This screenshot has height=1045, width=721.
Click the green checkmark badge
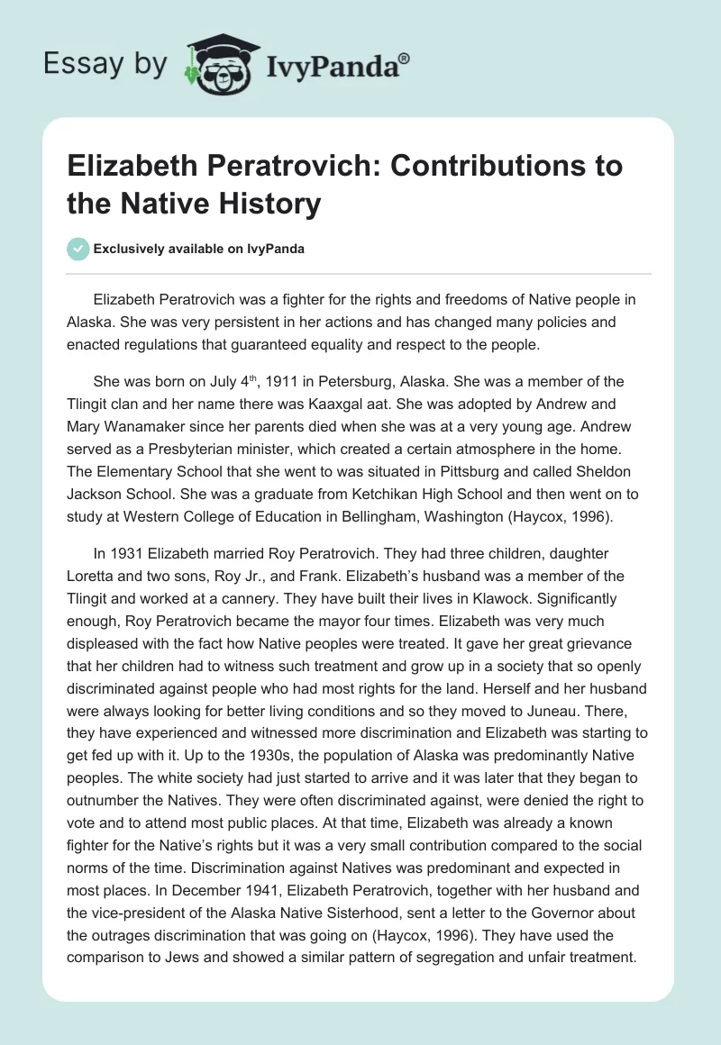point(78,249)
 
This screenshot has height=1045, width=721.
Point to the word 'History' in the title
point(278,204)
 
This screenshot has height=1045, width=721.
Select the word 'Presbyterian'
point(217,450)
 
